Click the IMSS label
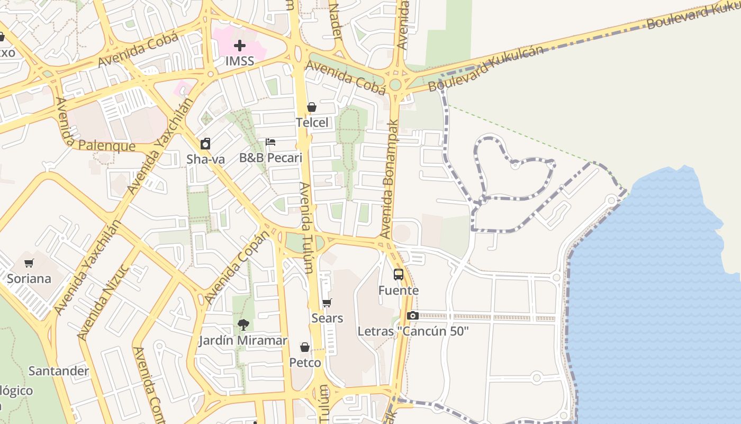240,61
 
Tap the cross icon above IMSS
240,46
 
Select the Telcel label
312,122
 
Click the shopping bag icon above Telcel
312,108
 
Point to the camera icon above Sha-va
205,144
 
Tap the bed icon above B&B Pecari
270,142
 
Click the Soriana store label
29,279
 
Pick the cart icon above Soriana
29,263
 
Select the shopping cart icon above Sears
327,303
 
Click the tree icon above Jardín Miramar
243,325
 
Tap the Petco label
305,363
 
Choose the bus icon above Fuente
399,275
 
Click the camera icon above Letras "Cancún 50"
413,316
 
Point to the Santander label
59,370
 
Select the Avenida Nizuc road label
104,302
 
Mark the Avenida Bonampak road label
390,179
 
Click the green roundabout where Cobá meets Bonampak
395,85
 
